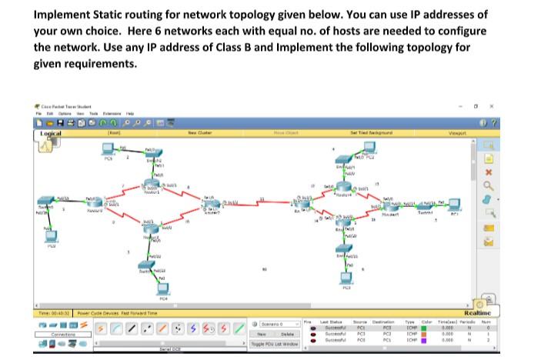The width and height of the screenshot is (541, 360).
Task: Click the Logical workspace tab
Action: click(52, 133)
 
